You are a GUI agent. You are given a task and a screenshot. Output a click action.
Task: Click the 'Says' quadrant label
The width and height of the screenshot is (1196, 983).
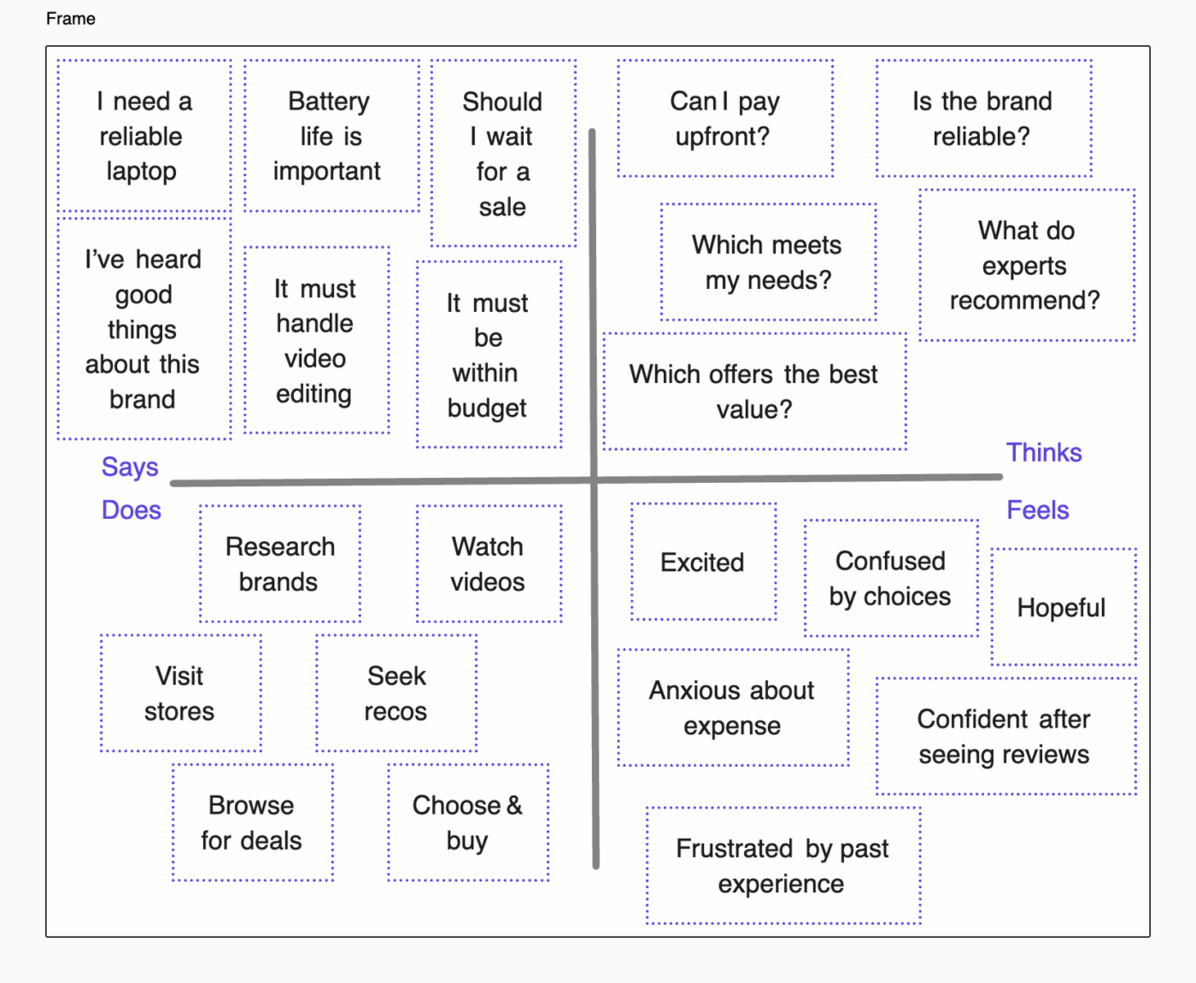pyautogui.click(x=130, y=467)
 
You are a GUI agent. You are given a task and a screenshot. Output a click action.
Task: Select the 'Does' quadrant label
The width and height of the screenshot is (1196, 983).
pyautogui.click(x=131, y=510)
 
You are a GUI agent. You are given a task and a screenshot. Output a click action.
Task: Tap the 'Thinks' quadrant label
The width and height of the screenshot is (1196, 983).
pyautogui.click(x=1043, y=452)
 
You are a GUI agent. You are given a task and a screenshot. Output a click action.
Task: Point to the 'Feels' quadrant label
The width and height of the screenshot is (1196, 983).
pyautogui.click(x=1037, y=510)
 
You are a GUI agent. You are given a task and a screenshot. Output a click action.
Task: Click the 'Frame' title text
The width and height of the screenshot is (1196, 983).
pyautogui.click(x=71, y=19)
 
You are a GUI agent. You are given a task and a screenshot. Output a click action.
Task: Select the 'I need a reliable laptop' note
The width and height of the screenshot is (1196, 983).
pyautogui.click(x=144, y=136)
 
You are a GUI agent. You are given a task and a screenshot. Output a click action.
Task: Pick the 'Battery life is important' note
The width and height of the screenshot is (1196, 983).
pyautogui.click(x=331, y=136)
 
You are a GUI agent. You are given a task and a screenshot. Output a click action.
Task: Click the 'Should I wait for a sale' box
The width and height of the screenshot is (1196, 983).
pyautogui.click(x=502, y=154)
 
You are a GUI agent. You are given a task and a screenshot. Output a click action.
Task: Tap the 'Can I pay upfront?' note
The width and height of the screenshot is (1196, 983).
pyautogui.click(x=724, y=119)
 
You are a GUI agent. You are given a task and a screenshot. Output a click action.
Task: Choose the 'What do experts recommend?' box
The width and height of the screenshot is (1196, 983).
pyautogui.click(x=1026, y=265)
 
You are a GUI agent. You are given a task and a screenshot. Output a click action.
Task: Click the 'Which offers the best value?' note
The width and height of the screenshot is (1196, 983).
pyautogui.click(x=753, y=391)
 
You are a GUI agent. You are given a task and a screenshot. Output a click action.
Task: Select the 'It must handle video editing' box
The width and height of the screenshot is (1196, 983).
pyautogui.click(x=316, y=340)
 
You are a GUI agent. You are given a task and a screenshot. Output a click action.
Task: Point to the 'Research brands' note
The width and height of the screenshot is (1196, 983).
pyautogui.click(x=279, y=564)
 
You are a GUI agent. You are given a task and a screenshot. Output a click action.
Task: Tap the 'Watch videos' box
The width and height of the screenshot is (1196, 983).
pyautogui.click(x=488, y=564)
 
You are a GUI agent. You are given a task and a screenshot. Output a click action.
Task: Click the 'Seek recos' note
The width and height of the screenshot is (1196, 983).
pyautogui.click(x=396, y=693)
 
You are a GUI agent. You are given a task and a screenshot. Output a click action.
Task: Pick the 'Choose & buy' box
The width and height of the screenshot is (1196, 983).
pyautogui.click(x=467, y=822)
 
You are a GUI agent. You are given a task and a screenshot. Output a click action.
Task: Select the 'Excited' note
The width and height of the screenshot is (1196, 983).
pyautogui.click(x=702, y=562)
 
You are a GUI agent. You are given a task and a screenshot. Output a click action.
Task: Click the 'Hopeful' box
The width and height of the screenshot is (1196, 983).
pyautogui.click(x=1062, y=607)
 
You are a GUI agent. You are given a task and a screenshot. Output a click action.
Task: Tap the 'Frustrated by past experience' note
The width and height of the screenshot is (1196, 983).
pyautogui.click(x=783, y=865)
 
